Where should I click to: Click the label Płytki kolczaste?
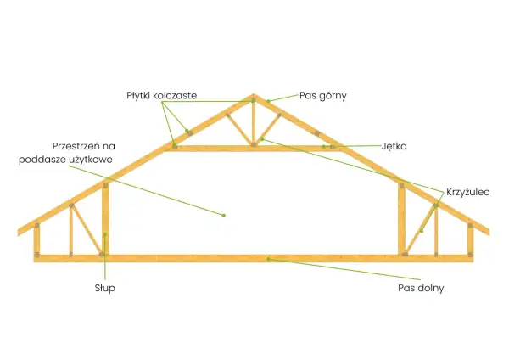pyautogui.click(x=162, y=96)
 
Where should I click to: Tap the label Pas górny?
pyautogui.click(x=323, y=96)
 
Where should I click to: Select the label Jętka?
pyautogui.click(x=394, y=146)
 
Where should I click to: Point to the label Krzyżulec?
pyautogui.click(x=467, y=192)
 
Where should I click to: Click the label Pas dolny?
pyautogui.click(x=421, y=288)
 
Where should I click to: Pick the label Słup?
pyautogui.click(x=105, y=288)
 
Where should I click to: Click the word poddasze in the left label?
pyautogui.click(x=42, y=160)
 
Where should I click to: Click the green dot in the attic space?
pyautogui.click(x=224, y=216)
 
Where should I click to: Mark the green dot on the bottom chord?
pyautogui.click(x=268, y=259)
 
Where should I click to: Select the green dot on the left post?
pyautogui.click(x=105, y=234)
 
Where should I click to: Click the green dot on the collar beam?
pyautogui.click(x=324, y=147)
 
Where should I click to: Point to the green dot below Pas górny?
pyautogui.click(x=268, y=101)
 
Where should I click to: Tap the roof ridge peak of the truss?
pyautogui.click(x=254, y=94)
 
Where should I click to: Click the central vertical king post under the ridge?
pyautogui.click(x=254, y=123)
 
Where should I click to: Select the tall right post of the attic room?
pyautogui.click(x=401, y=218)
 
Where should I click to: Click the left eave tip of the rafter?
pyautogui.click(x=18, y=232)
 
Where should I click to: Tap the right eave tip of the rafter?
pyautogui.click(x=489, y=232)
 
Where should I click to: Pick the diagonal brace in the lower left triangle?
pyautogui.click(x=87, y=228)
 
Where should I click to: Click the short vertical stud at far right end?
pyautogui.click(x=470, y=239)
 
